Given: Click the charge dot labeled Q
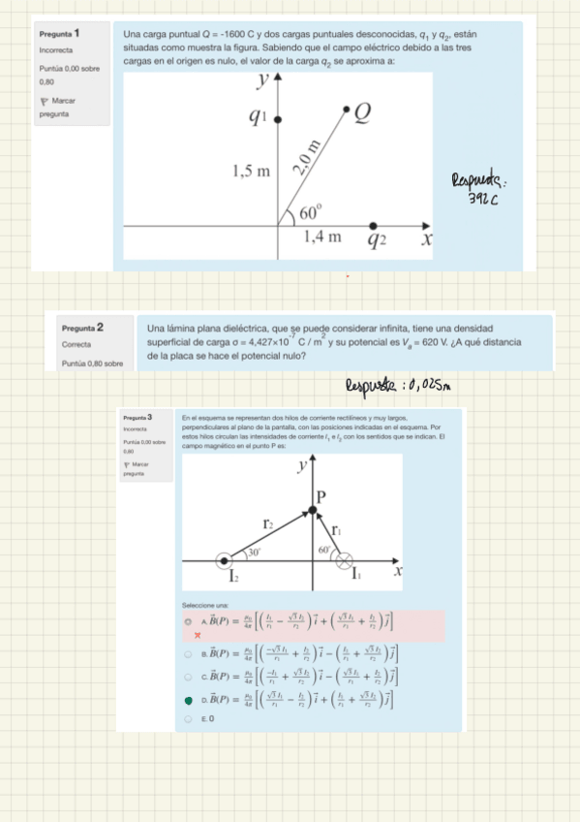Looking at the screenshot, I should [x=348, y=109].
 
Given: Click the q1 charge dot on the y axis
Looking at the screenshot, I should [x=279, y=118].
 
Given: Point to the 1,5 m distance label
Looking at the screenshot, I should [x=251, y=172].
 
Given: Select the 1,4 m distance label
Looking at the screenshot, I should [x=321, y=237].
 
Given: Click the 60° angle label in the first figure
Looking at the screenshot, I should [x=309, y=212].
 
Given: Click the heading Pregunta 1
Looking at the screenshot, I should [x=60, y=34].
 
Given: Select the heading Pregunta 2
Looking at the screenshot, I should [x=82, y=328].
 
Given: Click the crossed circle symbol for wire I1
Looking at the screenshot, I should [x=343, y=560].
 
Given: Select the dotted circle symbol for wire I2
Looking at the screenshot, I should [x=225, y=560].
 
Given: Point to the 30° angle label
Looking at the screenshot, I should [x=254, y=551].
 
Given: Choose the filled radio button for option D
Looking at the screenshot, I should [x=188, y=698].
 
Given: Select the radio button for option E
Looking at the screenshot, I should [x=188, y=719].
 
